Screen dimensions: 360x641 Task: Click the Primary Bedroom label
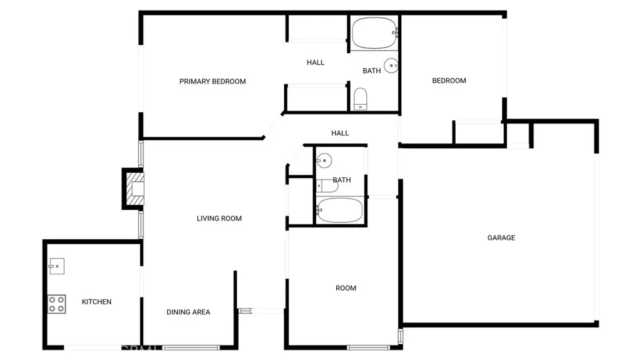click(212, 81)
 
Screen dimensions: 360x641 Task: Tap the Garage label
click(501, 238)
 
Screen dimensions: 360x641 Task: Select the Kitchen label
click(96, 302)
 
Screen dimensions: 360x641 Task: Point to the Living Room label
click(219, 219)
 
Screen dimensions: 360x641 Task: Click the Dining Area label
click(188, 312)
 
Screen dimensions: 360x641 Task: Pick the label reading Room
click(346, 288)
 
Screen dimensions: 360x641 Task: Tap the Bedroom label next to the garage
click(449, 80)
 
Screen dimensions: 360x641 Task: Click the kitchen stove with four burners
click(57, 304)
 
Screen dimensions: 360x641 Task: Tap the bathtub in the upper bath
click(374, 33)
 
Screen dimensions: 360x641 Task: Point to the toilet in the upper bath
click(360, 99)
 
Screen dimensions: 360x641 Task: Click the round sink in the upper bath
click(391, 65)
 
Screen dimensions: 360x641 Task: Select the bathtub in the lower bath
click(339, 210)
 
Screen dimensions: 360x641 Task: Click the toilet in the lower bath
click(326, 186)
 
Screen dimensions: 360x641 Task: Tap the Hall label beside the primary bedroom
click(315, 63)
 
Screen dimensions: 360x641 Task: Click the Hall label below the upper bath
click(340, 133)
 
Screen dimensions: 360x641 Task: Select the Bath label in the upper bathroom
click(371, 71)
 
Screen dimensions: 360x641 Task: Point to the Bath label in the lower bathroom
click(342, 180)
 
